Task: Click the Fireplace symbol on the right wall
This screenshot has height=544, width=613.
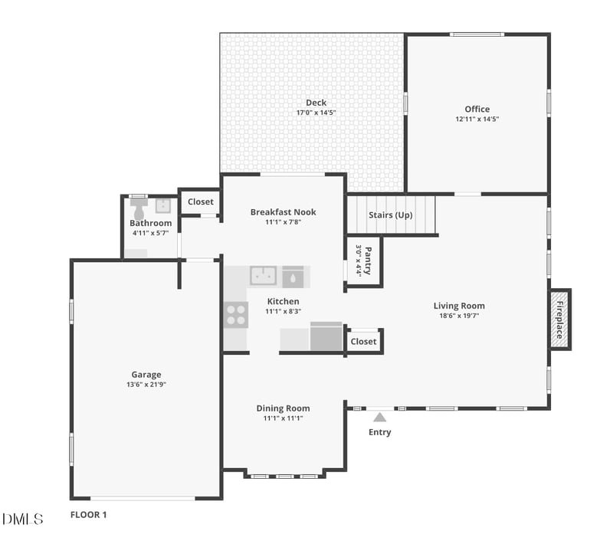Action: point(560,320)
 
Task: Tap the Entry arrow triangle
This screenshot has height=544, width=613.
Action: point(379,418)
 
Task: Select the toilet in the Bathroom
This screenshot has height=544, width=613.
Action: point(139,208)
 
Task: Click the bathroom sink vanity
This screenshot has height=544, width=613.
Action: point(162,205)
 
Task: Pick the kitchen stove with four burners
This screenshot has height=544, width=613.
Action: point(236,314)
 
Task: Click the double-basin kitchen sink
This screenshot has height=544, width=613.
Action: point(263,275)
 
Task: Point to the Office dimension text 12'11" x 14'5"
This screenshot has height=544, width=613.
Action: point(477,120)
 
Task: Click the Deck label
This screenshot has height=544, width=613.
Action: point(316,103)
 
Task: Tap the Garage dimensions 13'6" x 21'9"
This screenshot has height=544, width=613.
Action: point(146,385)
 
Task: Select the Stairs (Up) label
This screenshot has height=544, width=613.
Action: point(390,215)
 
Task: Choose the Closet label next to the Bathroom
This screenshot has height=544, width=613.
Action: point(200,202)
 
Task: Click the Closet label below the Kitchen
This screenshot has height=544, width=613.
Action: point(363,342)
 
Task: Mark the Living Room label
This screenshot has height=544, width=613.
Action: point(459,306)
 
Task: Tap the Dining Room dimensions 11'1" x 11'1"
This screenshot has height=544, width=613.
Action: point(283,418)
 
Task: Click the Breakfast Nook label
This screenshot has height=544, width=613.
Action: point(283,212)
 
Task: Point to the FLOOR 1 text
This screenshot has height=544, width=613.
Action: point(88,515)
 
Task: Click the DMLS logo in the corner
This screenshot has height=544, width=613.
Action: point(22,519)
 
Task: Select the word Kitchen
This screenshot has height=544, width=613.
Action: point(283,301)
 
